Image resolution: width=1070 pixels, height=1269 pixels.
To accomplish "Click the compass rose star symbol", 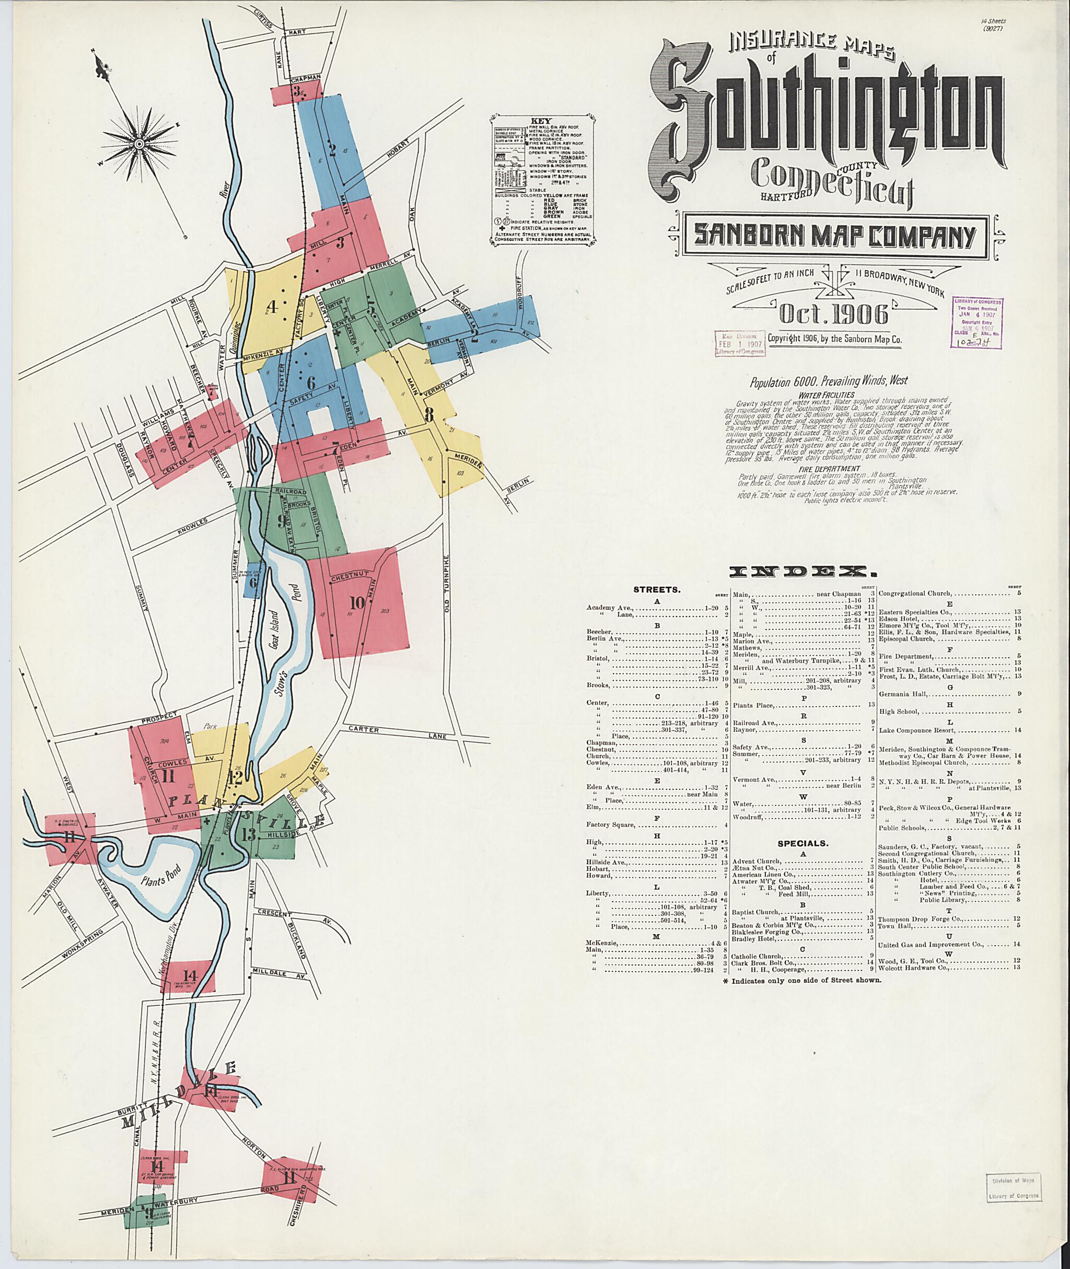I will coord(138,143).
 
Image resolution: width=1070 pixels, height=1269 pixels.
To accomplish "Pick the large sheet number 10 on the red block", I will coord(357,602).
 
